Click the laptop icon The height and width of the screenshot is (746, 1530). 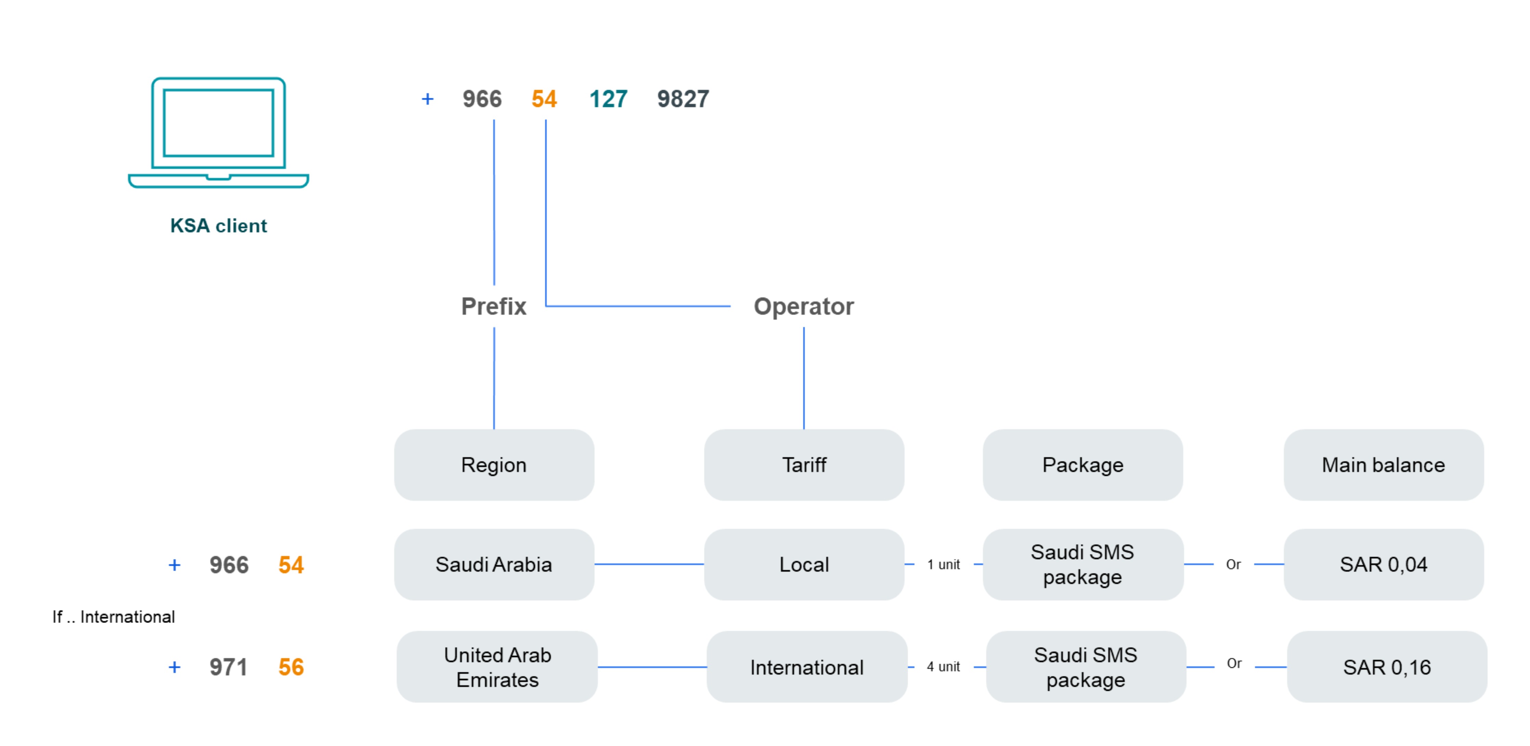pyautogui.click(x=219, y=132)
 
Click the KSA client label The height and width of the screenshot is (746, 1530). pyautogui.click(x=219, y=226)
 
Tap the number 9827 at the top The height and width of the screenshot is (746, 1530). pyautogui.click(x=683, y=99)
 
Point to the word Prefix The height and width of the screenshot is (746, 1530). pyautogui.click(x=494, y=306)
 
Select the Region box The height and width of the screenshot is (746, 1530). pyautogui.click(x=494, y=465)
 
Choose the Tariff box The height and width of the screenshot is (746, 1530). pyautogui.click(x=804, y=465)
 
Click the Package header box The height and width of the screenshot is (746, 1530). pyautogui.click(x=1082, y=465)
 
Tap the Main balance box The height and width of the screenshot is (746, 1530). pyautogui.click(x=1383, y=465)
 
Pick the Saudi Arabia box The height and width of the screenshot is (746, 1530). pyautogui.click(x=494, y=565)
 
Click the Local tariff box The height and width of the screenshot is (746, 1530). pyautogui.click(x=804, y=565)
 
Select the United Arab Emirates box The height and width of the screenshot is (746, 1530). pyautogui.click(x=497, y=667)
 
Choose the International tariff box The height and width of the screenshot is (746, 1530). pyautogui.click(x=807, y=667)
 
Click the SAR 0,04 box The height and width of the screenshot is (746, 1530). pyautogui.click(x=1383, y=565)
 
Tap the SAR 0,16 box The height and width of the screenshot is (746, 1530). pyautogui.click(x=1387, y=667)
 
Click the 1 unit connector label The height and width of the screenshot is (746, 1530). pyautogui.click(x=943, y=565)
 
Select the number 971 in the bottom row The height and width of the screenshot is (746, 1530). pyautogui.click(x=228, y=667)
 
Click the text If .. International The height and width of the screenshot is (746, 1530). pyautogui.click(x=114, y=617)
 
